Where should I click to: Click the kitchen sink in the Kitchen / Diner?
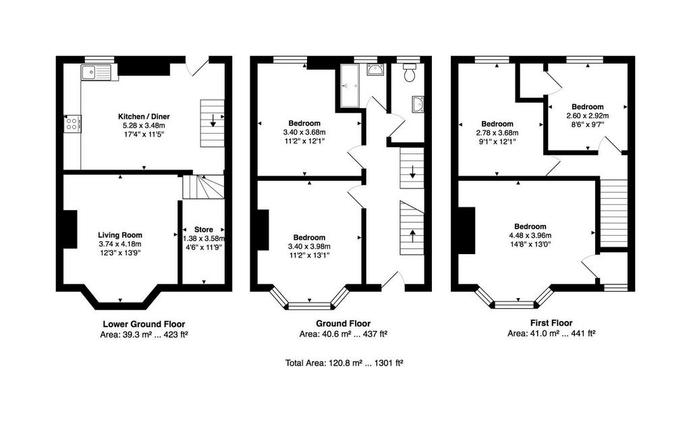click(96, 72)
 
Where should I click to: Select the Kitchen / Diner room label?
click(144, 116)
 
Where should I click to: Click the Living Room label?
click(120, 235)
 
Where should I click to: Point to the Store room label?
click(204, 230)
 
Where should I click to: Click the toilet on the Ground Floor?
click(410, 72)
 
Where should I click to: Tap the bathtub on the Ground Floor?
click(350, 85)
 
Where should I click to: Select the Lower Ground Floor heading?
click(144, 324)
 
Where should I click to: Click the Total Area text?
click(345, 363)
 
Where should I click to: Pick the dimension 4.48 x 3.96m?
click(530, 235)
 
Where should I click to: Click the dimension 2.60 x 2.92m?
click(588, 116)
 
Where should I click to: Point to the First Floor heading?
click(551, 323)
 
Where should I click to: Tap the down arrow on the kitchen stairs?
click(213, 120)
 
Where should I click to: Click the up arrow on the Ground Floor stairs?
click(412, 236)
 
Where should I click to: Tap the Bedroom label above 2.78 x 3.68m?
click(497, 124)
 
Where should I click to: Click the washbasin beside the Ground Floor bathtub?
click(375, 70)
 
